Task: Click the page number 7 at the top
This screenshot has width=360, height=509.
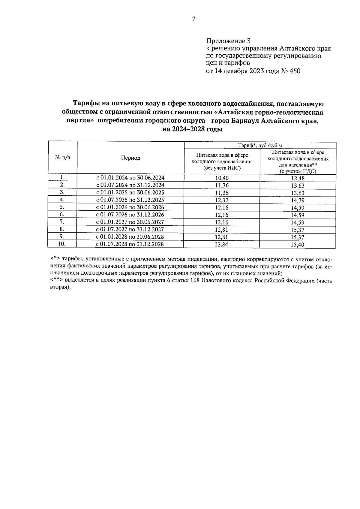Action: [193, 19]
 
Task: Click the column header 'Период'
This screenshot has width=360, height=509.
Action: [130, 158]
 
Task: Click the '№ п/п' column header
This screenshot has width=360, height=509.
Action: [62, 158]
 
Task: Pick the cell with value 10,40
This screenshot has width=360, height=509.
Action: [222, 178]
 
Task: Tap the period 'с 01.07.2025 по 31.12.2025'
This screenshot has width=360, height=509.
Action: [130, 200]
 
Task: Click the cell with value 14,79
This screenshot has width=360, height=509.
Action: [298, 200]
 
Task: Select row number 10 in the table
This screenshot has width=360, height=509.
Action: [62, 244]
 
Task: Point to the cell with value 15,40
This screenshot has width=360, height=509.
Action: [298, 245]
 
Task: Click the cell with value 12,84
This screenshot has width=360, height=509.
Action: [222, 245]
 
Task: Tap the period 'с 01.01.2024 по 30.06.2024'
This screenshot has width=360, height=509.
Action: [130, 178]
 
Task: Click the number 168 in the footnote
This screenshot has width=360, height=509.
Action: [195, 281]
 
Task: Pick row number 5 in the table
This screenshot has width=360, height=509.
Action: [62, 207]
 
